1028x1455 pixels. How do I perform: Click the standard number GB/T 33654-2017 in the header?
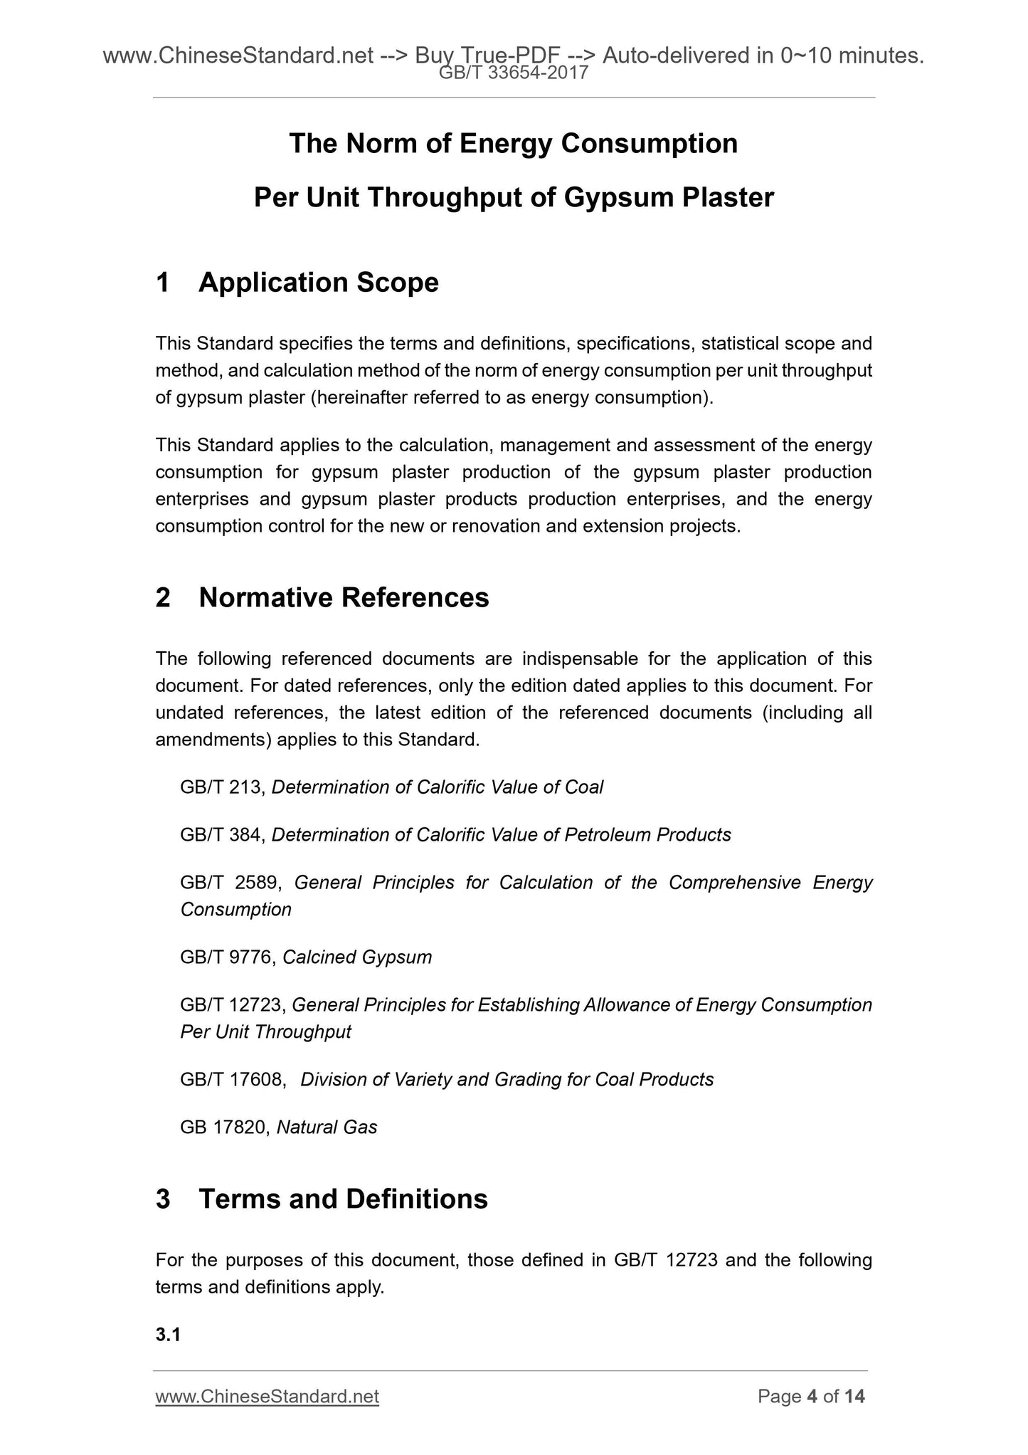514,72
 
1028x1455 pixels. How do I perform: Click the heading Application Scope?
319,283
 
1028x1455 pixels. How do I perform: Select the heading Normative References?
344,597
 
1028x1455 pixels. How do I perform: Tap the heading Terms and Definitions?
343,1199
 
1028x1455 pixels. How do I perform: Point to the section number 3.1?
168,1335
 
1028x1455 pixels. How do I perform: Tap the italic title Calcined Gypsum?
357,957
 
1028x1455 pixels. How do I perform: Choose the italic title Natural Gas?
327,1128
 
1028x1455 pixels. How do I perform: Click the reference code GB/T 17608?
232,1080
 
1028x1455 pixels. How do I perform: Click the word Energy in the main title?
506,144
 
